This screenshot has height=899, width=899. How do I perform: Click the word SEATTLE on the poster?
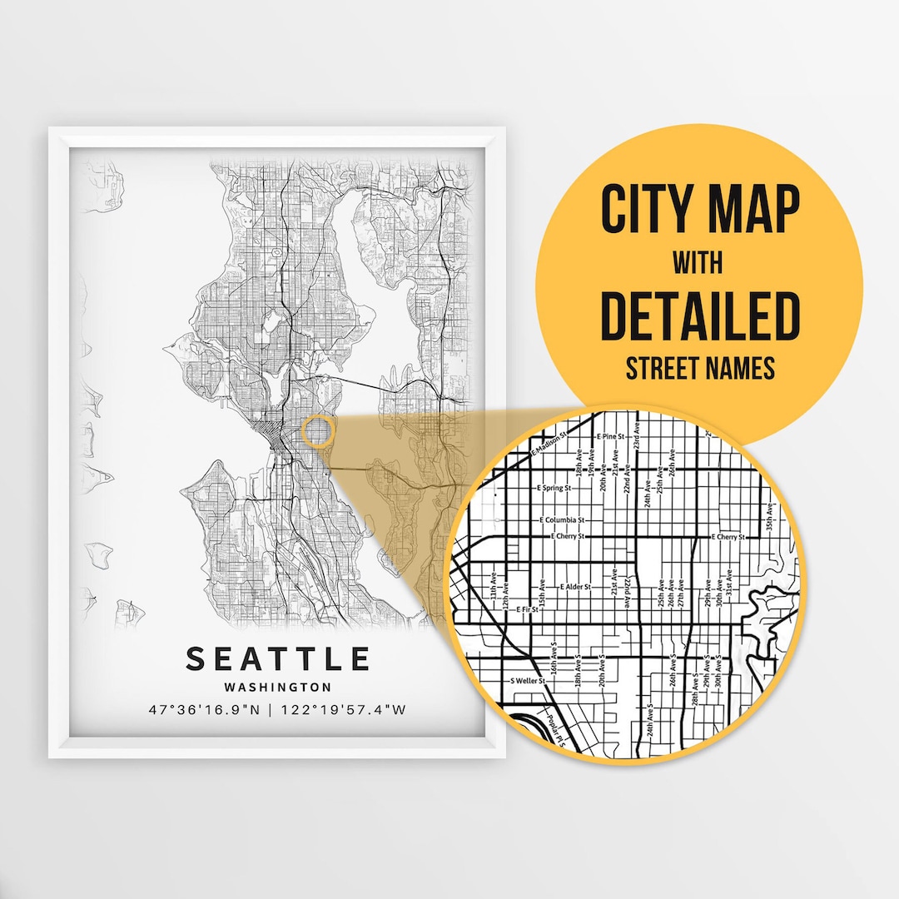pos(277,658)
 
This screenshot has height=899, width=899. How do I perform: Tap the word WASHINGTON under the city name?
pos(277,688)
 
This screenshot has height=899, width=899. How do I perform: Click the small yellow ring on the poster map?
pos(318,432)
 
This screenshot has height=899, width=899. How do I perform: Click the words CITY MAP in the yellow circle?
pos(699,211)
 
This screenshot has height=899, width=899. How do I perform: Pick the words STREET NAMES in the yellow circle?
pos(699,367)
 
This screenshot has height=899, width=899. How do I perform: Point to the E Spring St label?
pos(554,488)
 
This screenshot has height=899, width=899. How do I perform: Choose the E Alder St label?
pos(575,587)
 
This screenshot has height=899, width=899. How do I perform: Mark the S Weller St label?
pos(527,680)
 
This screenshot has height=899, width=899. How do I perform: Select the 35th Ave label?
pos(771,515)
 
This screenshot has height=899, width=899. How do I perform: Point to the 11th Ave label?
pos(493,584)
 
